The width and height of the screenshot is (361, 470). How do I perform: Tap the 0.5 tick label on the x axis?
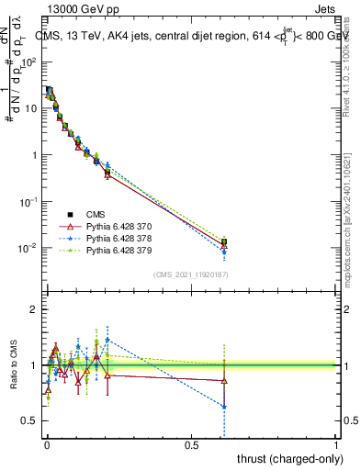[x=191, y=443]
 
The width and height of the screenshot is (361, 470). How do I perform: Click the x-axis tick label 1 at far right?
[x=336, y=443]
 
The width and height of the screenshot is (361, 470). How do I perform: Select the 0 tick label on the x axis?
[x=47, y=443]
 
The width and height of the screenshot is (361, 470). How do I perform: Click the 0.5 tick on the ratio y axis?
[x=30, y=420]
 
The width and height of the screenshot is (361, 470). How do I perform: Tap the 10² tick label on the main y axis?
[x=29, y=62]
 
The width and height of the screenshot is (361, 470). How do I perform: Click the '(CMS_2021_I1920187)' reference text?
[x=191, y=274]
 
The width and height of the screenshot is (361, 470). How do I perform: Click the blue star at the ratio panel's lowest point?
[x=224, y=406]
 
